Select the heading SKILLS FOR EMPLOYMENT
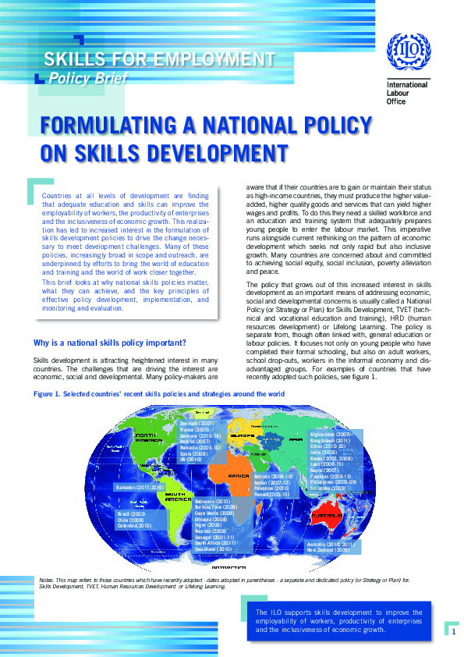tap(160, 59)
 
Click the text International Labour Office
tap(403, 93)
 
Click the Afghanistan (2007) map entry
tap(330, 434)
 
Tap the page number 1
tap(452, 631)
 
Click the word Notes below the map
tap(48, 581)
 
